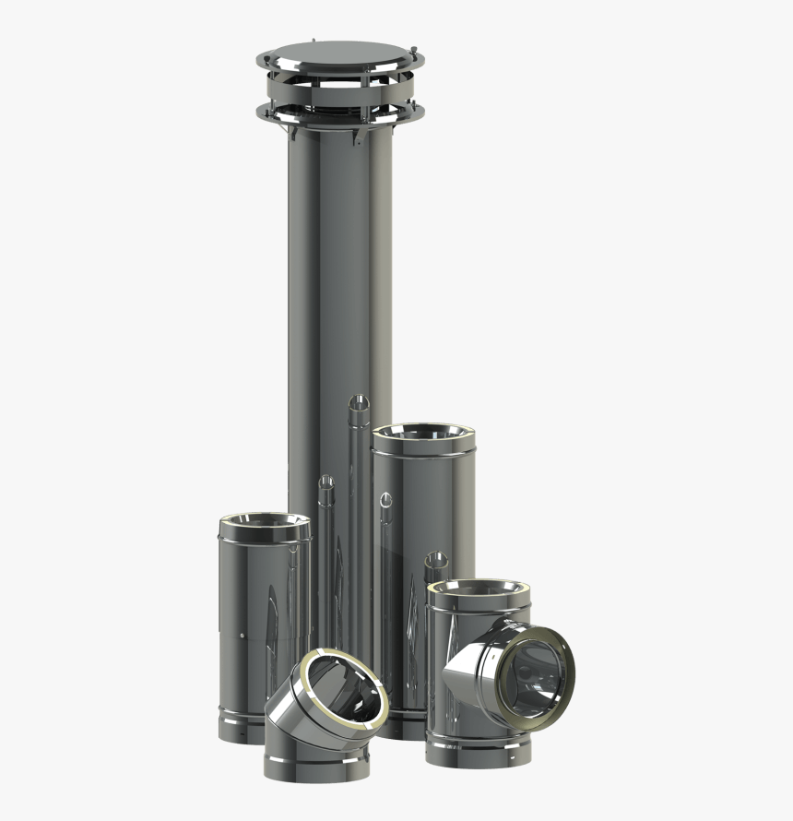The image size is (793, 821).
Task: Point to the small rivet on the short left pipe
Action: pyautogui.click(x=242, y=637)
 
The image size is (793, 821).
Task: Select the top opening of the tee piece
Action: pyautogui.click(x=479, y=589)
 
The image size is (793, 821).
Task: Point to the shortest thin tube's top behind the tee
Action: pyautogui.click(x=436, y=559)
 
